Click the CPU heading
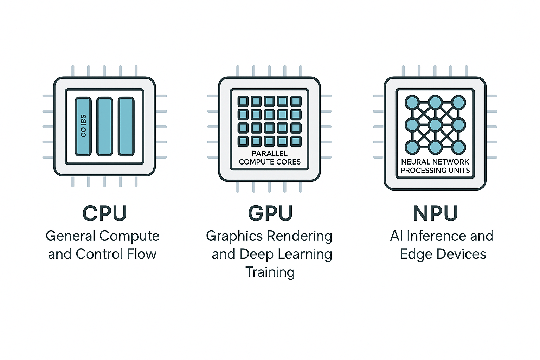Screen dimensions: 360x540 (104, 213)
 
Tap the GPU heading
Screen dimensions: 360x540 (270, 213)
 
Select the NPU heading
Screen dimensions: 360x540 (435, 213)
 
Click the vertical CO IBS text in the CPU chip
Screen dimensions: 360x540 (83, 126)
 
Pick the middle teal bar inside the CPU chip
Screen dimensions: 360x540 (105, 127)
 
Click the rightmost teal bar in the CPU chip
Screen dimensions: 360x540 (126, 127)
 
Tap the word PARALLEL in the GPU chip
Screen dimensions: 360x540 (270, 153)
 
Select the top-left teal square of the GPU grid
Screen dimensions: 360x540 (243, 101)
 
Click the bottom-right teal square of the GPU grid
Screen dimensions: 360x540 (296, 141)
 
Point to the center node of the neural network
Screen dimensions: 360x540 (435, 125)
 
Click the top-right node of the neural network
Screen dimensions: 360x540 (458, 103)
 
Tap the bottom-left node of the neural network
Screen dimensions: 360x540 (412, 147)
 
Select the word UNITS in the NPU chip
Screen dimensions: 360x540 (459, 171)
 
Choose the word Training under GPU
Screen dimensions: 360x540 (270, 272)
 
